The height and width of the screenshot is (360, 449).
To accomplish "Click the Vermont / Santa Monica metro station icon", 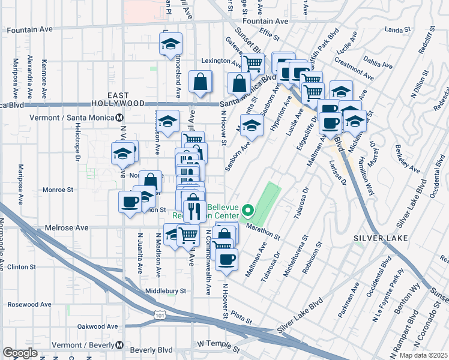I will [x=120, y=118].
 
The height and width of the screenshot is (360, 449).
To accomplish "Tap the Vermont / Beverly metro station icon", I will [x=120, y=346].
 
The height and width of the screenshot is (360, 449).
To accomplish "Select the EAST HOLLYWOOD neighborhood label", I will [x=127, y=100].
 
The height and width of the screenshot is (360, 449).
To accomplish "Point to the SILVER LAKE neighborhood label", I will [x=381, y=238].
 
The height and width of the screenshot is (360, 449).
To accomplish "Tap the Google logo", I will [x=20, y=353].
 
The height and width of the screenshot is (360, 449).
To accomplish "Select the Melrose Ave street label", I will [x=67, y=228].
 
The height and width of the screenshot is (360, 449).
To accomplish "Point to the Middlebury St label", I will [x=166, y=291].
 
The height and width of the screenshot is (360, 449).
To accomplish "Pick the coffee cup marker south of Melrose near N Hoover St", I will [x=226, y=259].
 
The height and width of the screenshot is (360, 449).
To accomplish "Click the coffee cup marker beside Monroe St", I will [x=130, y=202].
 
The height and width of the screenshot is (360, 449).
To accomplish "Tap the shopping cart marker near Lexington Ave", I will [x=253, y=63].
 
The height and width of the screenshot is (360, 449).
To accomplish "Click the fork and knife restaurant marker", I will [x=193, y=211].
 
